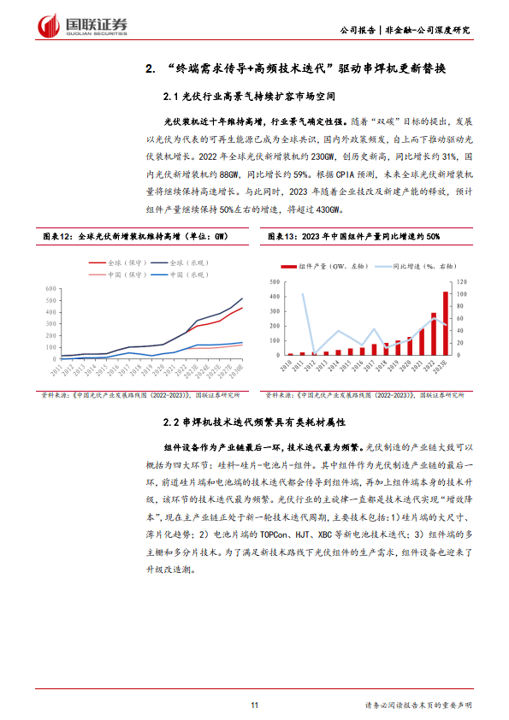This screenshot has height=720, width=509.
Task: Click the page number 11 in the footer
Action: point(254,705)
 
